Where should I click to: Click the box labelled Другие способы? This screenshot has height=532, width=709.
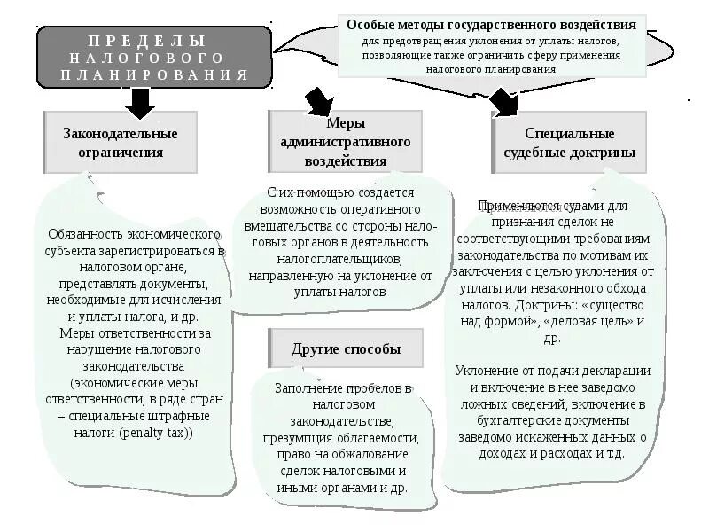click(346, 348)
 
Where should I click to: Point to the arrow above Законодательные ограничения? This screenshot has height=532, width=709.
click(139, 103)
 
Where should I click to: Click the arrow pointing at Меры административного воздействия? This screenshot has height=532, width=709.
click(318, 100)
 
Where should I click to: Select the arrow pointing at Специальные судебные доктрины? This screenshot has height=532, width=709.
click(505, 102)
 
